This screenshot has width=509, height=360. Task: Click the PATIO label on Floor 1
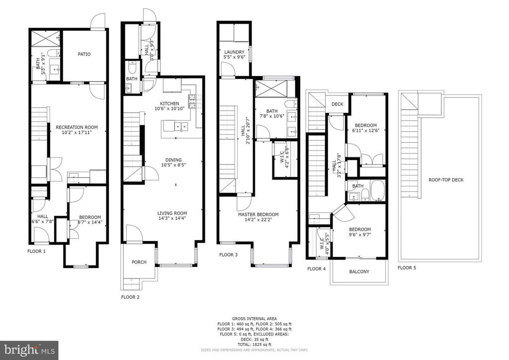click(x=84, y=54)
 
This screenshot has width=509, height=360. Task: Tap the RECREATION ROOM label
click(x=77, y=127)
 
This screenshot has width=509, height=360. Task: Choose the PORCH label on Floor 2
click(x=139, y=262)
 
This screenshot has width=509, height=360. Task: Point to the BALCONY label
click(x=359, y=271)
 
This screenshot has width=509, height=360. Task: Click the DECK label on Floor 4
click(x=338, y=104)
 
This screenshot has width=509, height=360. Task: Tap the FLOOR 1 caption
click(x=36, y=252)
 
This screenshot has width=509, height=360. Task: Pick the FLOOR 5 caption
click(x=407, y=268)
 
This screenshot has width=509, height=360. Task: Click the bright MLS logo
click(x=29, y=350)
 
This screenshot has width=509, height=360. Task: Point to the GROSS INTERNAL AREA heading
click(x=254, y=318)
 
